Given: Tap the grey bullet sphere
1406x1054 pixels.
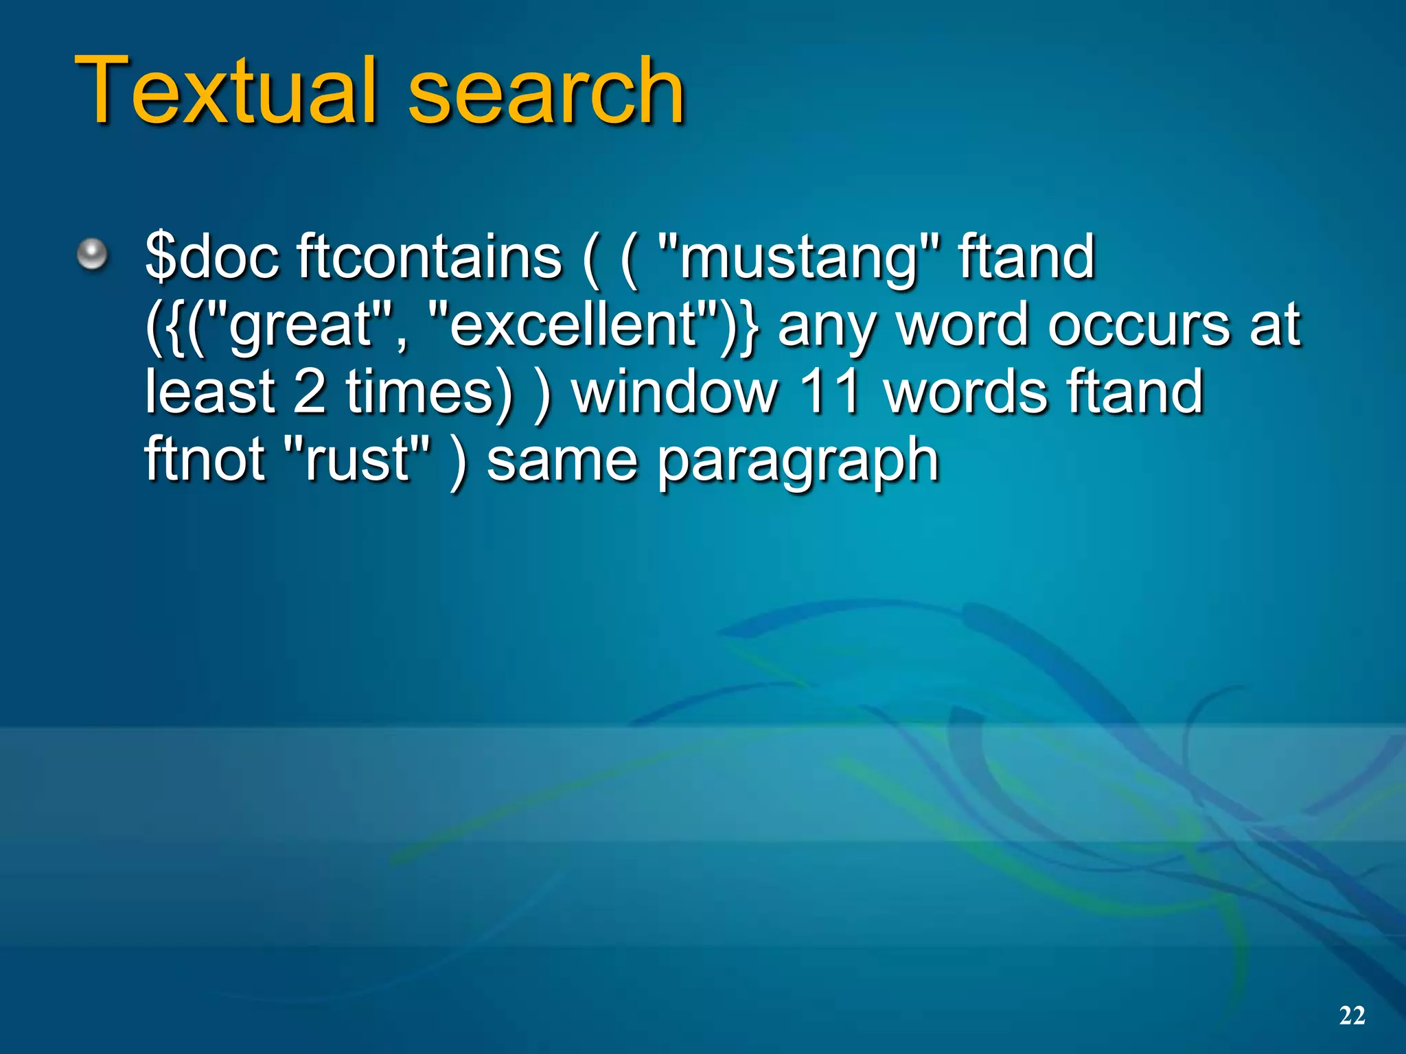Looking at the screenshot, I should coord(92,256).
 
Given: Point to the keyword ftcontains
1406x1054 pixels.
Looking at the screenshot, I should coord(429,257).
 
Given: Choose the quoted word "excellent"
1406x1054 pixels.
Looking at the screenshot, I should coord(573,324).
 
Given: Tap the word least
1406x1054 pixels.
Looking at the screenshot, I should coord(210,392).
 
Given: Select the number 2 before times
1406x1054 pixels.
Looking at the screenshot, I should coord(309,392).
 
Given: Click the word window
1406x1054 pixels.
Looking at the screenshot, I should coord(676,392).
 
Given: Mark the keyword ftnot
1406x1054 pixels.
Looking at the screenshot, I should coord(205,459).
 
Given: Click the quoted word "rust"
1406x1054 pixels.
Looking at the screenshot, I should coord(358,459).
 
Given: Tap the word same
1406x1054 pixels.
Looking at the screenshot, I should coord(562,460).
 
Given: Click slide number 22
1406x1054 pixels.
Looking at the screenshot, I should coord(1352,1015).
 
